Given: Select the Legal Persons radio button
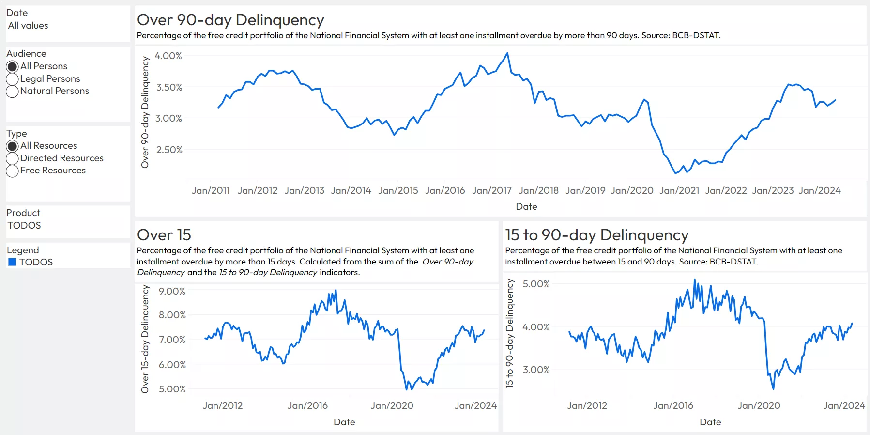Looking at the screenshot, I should pyautogui.click(x=13, y=79).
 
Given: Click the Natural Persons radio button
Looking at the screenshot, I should pyautogui.click(x=13, y=91).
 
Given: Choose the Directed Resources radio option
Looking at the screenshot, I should pyautogui.click(x=13, y=158).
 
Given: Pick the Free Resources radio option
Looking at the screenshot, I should pyautogui.click(x=13, y=171).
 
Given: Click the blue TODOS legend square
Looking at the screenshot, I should pyautogui.click(x=13, y=262).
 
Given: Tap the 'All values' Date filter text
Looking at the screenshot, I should pyautogui.click(x=28, y=26).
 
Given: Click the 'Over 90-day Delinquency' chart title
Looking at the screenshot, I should pyautogui.click(x=230, y=20).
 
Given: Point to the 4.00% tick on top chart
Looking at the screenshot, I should pyautogui.click(x=168, y=56).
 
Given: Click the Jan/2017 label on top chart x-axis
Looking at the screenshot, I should pyautogui.click(x=491, y=190).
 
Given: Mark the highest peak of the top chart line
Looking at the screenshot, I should pyautogui.click(x=507, y=53).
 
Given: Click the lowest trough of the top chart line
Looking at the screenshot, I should pyautogui.click(x=676, y=173).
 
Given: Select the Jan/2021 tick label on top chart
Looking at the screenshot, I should pyautogui.click(x=679, y=190).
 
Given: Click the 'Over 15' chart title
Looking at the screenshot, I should pyautogui.click(x=164, y=235).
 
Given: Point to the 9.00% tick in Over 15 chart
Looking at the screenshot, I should pyautogui.click(x=172, y=291).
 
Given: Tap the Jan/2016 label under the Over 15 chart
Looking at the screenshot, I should pyautogui.click(x=307, y=405).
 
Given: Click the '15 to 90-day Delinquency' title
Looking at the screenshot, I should pyautogui.click(x=596, y=235).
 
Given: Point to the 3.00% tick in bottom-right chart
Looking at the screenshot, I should pyautogui.click(x=536, y=370).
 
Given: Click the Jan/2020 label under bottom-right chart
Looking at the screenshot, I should pyautogui.click(x=759, y=405).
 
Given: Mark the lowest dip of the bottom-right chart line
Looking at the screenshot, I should pyautogui.click(x=773, y=388).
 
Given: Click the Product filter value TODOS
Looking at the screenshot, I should pyautogui.click(x=24, y=225).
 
